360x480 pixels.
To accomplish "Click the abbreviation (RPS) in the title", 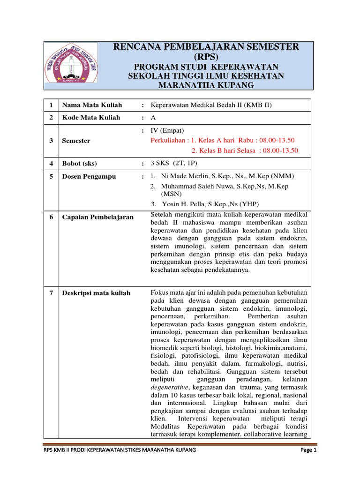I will [206, 57].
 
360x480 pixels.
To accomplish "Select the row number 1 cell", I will [50, 105].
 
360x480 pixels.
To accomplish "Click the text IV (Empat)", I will [167, 130].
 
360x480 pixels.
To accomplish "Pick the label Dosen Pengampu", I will [89, 177].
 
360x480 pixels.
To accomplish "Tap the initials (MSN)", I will [172, 194].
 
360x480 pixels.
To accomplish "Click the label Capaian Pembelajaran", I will [98, 217].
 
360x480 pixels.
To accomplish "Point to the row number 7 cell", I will [50, 293].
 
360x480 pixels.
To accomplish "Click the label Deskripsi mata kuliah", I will [96, 293].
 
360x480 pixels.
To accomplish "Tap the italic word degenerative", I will [169, 388].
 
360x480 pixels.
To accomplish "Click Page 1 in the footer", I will [308, 450].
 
